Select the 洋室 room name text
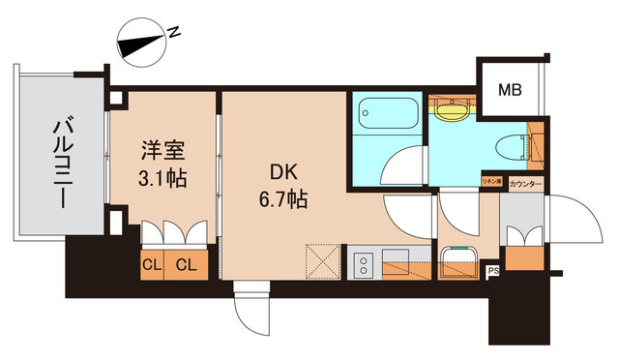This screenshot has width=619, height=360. coord(161,152)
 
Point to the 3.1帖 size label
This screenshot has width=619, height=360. coord(162,179)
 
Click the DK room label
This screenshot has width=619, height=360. coord(283,173)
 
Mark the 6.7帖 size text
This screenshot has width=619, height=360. coord(283,200)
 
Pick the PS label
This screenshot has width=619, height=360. coord(492,270)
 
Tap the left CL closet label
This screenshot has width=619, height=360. coord(150,263)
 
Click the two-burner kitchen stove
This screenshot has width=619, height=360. coord(365,264)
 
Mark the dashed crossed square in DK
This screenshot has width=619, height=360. coord(321,262)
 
